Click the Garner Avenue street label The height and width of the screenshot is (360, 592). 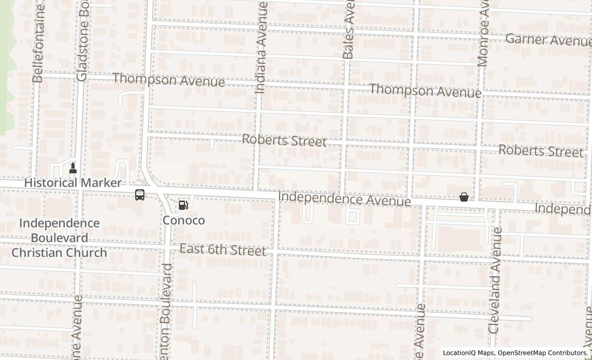click(x=548, y=40)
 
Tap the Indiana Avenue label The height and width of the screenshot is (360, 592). click(x=262, y=47)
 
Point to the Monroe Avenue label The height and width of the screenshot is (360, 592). click(x=483, y=33)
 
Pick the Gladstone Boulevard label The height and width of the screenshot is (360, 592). click(x=83, y=41)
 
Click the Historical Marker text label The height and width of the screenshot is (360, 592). click(x=73, y=183)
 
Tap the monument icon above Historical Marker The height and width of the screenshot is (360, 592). click(x=73, y=167)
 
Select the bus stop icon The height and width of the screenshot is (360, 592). click(x=139, y=195)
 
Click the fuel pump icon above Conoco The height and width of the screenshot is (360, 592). click(x=183, y=205)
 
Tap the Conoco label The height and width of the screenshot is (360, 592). click(x=183, y=221)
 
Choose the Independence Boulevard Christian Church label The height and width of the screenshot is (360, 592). click(x=59, y=238)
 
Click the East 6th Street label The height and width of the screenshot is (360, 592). click(x=223, y=250)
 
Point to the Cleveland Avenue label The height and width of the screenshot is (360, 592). click(x=495, y=280)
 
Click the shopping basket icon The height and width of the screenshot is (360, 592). click(x=464, y=197)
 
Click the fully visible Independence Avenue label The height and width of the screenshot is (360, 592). click(x=344, y=199)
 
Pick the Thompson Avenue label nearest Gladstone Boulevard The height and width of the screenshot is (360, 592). click(x=169, y=80)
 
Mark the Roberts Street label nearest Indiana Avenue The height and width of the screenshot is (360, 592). click(x=284, y=140)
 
